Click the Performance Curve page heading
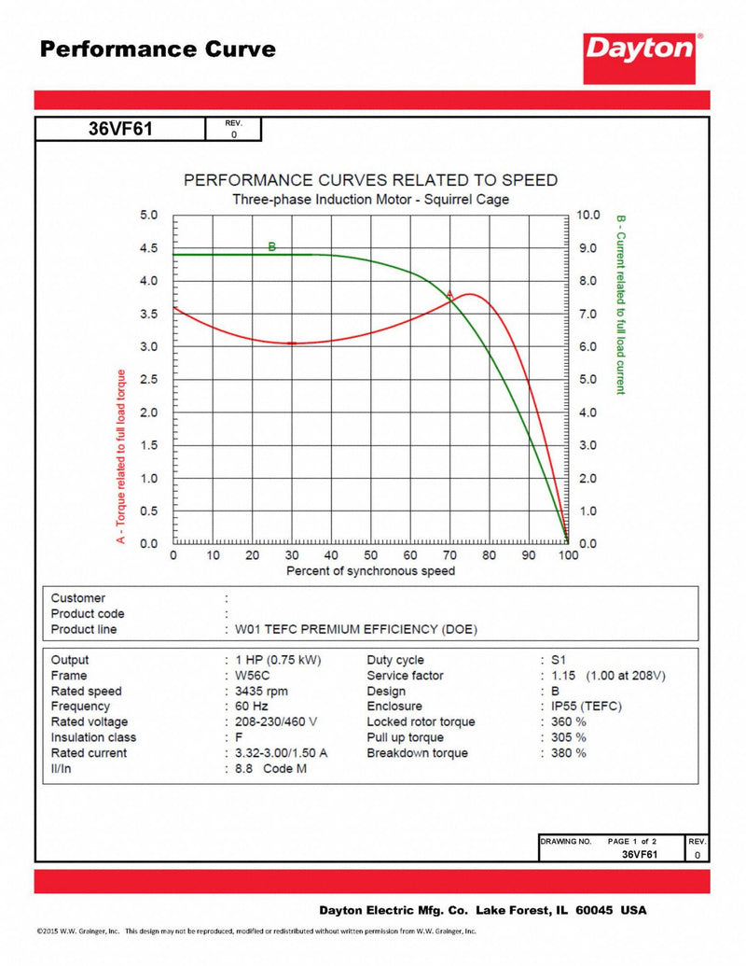[x=158, y=49]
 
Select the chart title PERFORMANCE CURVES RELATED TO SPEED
[x=370, y=180]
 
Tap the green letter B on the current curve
[x=272, y=247]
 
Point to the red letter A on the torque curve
[x=449, y=295]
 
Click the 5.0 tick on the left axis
[x=149, y=215]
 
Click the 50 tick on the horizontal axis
[x=370, y=556]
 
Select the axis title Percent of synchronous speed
[x=370, y=571]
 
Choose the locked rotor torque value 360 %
[x=567, y=722]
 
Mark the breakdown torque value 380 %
[x=567, y=753]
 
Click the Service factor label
[x=405, y=676]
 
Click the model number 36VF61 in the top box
[x=119, y=130]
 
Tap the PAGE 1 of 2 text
[x=632, y=841]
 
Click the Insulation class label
[x=94, y=737]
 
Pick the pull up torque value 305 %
[x=567, y=737]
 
